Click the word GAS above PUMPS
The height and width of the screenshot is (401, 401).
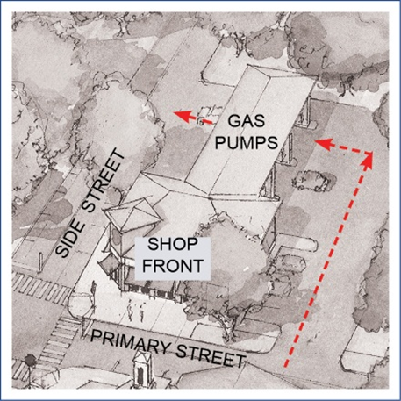[247, 121]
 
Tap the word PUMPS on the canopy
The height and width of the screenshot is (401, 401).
[247, 143]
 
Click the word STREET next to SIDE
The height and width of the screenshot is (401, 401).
[104, 181]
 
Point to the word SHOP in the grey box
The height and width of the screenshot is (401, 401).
[173, 244]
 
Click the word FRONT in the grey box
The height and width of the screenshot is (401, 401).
[173, 266]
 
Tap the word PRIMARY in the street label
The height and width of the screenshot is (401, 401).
[130, 340]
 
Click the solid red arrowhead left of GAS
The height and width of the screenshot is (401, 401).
[182, 114]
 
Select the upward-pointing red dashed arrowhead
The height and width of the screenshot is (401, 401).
[368, 159]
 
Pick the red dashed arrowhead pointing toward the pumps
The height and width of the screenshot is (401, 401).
[324, 143]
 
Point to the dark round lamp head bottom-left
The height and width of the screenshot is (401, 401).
[30, 361]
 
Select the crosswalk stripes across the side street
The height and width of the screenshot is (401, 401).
[40, 289]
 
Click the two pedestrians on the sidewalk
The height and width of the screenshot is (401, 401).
[136, 312]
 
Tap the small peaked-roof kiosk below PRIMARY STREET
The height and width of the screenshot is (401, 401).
[143, 369]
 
